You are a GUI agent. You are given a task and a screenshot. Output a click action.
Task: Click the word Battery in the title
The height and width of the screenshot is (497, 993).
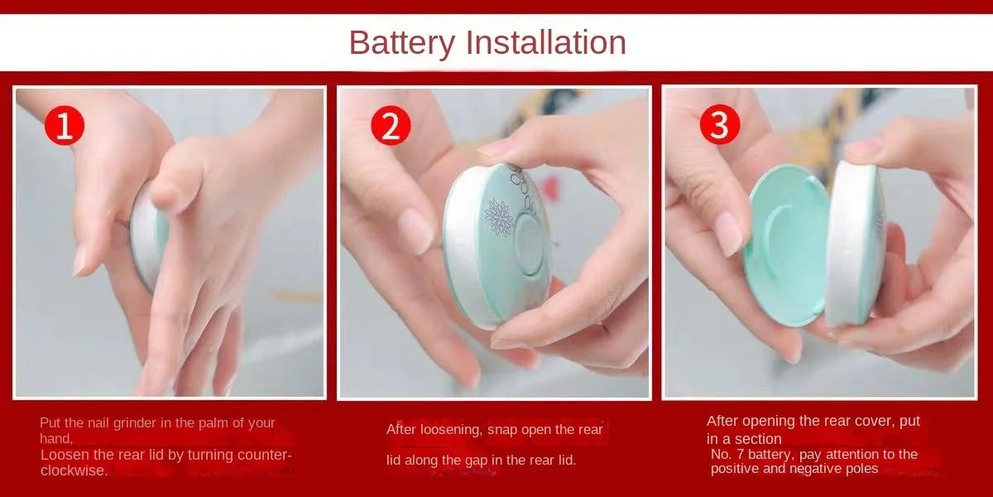401,42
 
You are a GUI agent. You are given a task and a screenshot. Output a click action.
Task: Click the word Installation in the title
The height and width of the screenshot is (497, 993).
546,42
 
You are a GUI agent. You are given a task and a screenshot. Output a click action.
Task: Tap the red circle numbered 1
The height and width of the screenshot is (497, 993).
64,126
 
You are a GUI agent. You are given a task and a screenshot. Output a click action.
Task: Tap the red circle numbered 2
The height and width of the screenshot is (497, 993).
390,126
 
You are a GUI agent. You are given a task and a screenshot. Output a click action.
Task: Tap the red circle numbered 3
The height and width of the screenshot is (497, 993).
719,125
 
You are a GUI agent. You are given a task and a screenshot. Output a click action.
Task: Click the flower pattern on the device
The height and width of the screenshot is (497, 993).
498,217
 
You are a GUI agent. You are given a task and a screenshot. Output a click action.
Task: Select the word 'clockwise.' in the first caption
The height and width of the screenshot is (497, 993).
74,470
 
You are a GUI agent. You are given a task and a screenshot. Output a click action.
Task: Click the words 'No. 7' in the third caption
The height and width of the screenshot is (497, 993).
728,454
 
